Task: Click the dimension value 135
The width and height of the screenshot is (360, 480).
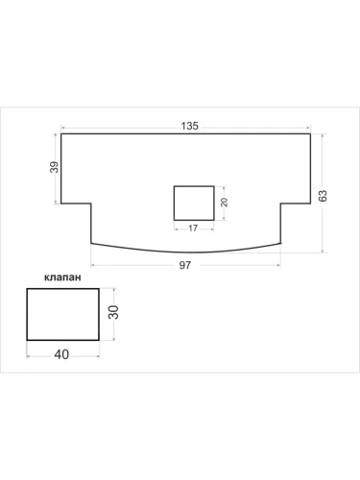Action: [190, 126]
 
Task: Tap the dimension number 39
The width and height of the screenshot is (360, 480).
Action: [55, 167]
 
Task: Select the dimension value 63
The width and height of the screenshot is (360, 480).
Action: [323, 196]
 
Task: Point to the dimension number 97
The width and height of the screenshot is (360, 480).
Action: [185, 265]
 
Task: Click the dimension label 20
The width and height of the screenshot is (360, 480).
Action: [225, 203]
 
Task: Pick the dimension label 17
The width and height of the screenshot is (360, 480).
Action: [193, 228]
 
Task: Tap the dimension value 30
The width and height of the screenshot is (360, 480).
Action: [113, 312]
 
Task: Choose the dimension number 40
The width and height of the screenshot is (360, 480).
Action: [61, 354]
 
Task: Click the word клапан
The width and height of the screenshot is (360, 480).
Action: [62, 277]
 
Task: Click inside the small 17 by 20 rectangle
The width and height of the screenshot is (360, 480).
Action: [194, 204]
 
